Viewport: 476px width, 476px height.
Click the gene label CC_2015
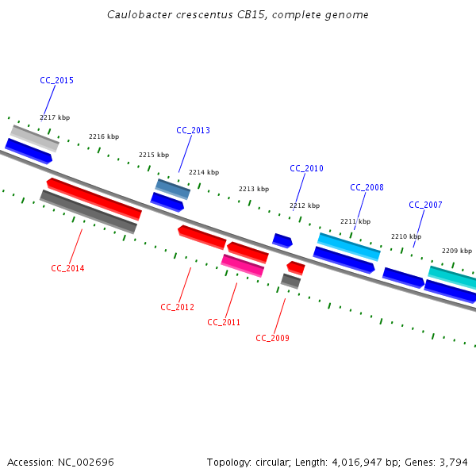point(56,80)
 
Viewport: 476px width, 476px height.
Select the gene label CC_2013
point(193,130)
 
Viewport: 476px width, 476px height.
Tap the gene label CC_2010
point(306,168)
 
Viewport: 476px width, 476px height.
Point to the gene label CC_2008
point(367,187)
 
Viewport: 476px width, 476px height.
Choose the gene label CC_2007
point(425,205)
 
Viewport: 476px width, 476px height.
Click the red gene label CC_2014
point(67,268)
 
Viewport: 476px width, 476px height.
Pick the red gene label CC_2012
point(177,307)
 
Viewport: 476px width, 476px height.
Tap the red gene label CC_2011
point(224,322)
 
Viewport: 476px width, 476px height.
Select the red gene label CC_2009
point(272,338)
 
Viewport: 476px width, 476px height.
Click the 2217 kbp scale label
point(55,117)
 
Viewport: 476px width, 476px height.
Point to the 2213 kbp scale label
point(254,189)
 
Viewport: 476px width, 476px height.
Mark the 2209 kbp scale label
point(457,250)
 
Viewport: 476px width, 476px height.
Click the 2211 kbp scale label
point(355,221)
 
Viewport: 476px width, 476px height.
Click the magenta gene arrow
point(242,265)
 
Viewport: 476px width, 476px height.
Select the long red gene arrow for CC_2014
point(94,198)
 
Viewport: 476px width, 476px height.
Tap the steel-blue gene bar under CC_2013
point(173,189)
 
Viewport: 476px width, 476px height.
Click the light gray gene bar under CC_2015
point(35,137)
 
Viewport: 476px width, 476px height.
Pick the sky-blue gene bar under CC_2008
point(349,246)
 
